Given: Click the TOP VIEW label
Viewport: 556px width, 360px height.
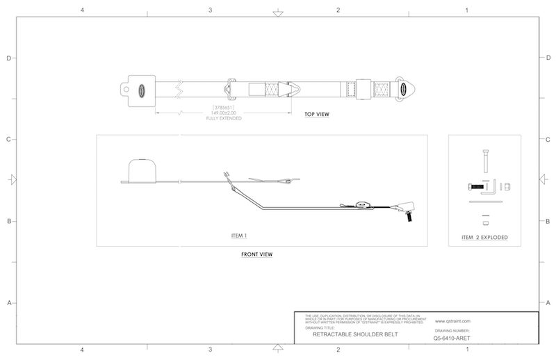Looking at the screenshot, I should coord(317,114).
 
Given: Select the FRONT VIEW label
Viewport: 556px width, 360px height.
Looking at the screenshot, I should coord(256,254).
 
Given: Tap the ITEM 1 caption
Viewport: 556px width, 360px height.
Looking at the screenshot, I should coord(239,236).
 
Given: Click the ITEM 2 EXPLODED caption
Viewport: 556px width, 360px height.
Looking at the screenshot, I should coord(484,238).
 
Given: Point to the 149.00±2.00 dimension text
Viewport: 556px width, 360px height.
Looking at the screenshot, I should coord(227,113).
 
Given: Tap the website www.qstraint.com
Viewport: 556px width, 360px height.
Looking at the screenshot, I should coord(453,321).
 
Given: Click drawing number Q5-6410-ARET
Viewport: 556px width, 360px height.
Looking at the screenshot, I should coord(452,339).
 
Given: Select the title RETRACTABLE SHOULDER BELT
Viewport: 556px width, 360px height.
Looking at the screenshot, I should coord(354,334).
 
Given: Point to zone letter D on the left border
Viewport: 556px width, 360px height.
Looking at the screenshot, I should coord(9,58).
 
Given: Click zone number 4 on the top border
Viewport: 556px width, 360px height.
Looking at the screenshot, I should coord(83,10).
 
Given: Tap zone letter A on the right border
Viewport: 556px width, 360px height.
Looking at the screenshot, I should coord(548,303).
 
